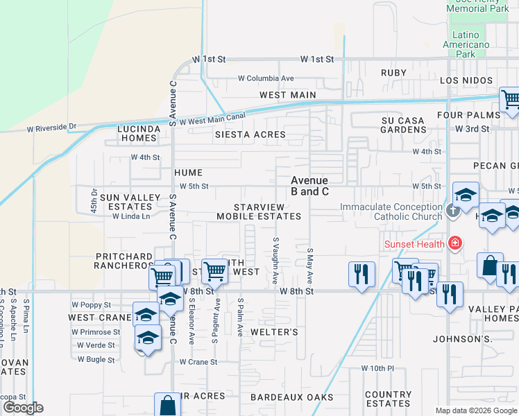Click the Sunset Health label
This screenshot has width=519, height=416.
point(414,243)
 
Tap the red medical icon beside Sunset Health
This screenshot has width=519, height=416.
point(454,243)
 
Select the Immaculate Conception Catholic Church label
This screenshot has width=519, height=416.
point(391,211)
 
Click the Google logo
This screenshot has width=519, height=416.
point(23,408)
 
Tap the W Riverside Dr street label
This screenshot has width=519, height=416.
point(51,128)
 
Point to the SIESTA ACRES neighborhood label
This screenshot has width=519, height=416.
point(250,135)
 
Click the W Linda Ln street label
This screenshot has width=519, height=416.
point(131,216)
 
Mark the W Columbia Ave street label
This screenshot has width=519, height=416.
point(266,78)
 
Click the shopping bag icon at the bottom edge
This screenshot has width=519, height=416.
point(167,406)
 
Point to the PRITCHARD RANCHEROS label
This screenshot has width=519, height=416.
point(124,261)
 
